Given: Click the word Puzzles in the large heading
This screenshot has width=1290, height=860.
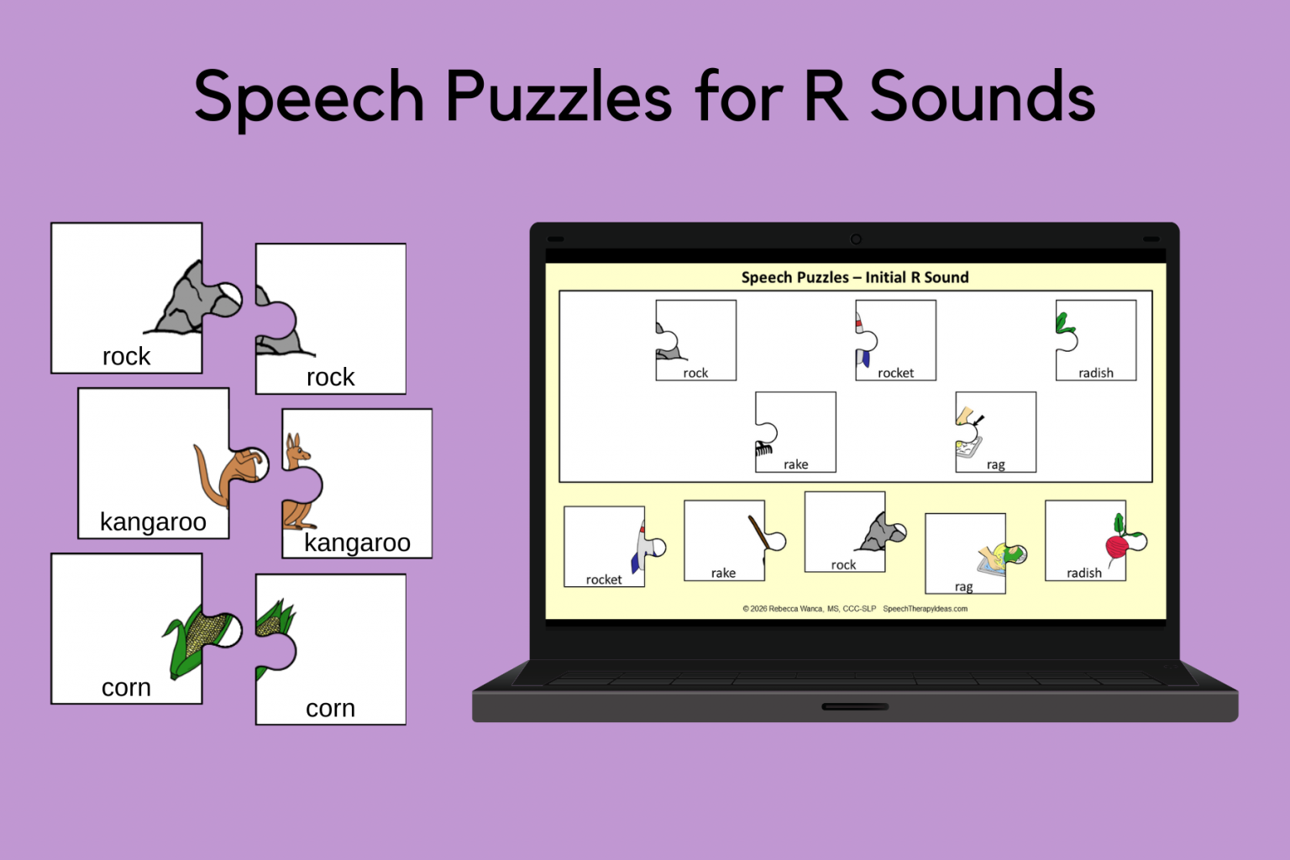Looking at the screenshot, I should pos(558,97).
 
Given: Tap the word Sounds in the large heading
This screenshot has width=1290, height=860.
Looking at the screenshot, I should pos(982,97).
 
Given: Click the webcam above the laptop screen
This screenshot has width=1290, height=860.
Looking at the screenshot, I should pos(856,239).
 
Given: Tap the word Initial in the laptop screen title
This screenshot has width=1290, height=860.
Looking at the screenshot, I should pos(885,278).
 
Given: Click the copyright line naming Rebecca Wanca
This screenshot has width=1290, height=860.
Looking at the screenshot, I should pos(809,609).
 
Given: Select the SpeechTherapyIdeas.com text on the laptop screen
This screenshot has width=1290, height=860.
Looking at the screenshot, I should pos(925,609).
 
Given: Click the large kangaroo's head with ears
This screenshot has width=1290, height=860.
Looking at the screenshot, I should pos(295,450).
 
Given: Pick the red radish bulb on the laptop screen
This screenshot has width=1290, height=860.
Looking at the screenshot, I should pos(1117,548).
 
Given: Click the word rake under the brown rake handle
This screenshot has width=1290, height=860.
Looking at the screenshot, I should pos(723,573).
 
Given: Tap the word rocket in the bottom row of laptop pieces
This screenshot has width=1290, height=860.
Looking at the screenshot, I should pos(604,579).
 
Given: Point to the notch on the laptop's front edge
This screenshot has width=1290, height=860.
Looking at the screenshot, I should pos(855,706).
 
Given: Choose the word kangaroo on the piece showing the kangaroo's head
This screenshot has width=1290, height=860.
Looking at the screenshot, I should pos(357,543).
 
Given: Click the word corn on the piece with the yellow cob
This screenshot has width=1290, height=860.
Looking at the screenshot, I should pos(126,688).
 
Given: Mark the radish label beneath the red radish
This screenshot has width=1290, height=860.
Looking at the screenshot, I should pos(1083,573).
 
